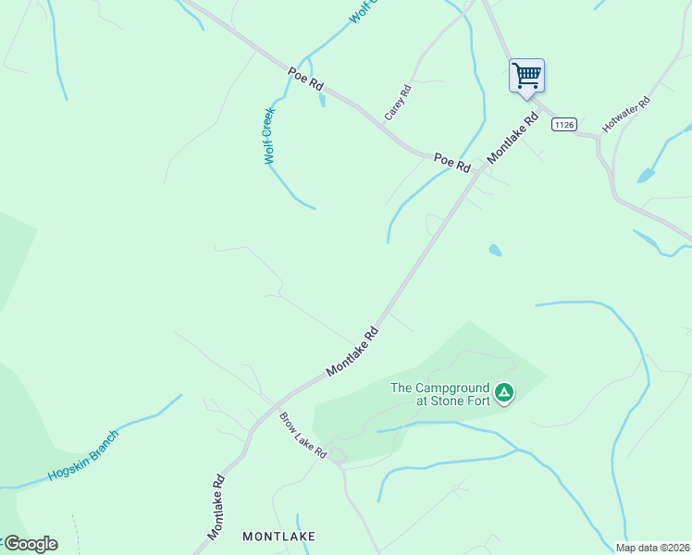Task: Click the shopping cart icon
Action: [x=526, y=75]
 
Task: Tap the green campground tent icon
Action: [x=503, y=393]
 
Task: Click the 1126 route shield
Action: [x=563, y=124]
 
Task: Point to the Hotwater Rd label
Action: [x=626, y=114]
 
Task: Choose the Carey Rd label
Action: [x=398, y=102]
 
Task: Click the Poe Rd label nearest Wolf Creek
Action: [x=305, y=79]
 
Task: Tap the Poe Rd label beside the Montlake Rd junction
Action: [x=452, y=163]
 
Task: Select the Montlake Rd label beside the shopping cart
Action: [x=513, y=139]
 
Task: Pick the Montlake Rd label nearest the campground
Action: [x=352, y=351]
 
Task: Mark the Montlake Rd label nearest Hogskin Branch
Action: [x=216, y=508]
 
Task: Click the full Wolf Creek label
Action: [x=269, y=136]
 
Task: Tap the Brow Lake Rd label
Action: [x=303, y=435]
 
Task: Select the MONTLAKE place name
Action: [x=278, y=536]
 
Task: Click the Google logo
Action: [x=30, y=544]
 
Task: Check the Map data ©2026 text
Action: [x=652, y=548]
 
